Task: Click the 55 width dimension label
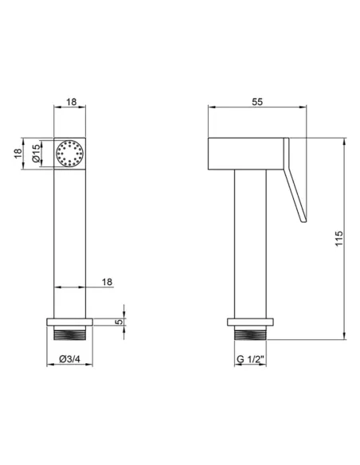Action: click(x=257, y=102)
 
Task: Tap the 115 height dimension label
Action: click(x=339, y=238)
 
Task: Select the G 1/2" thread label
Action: click(x=250, y=359)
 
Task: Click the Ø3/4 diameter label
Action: click(x=69, y=359)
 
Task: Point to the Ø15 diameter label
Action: click(x=36, y=154)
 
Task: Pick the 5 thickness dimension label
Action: click(x=119, y=322)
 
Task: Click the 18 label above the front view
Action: click(x=71, y=102)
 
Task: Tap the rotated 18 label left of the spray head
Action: click(x=18, y=154)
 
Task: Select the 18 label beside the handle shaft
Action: click(x=107, y=282)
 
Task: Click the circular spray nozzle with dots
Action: click(x=69, y=154)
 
